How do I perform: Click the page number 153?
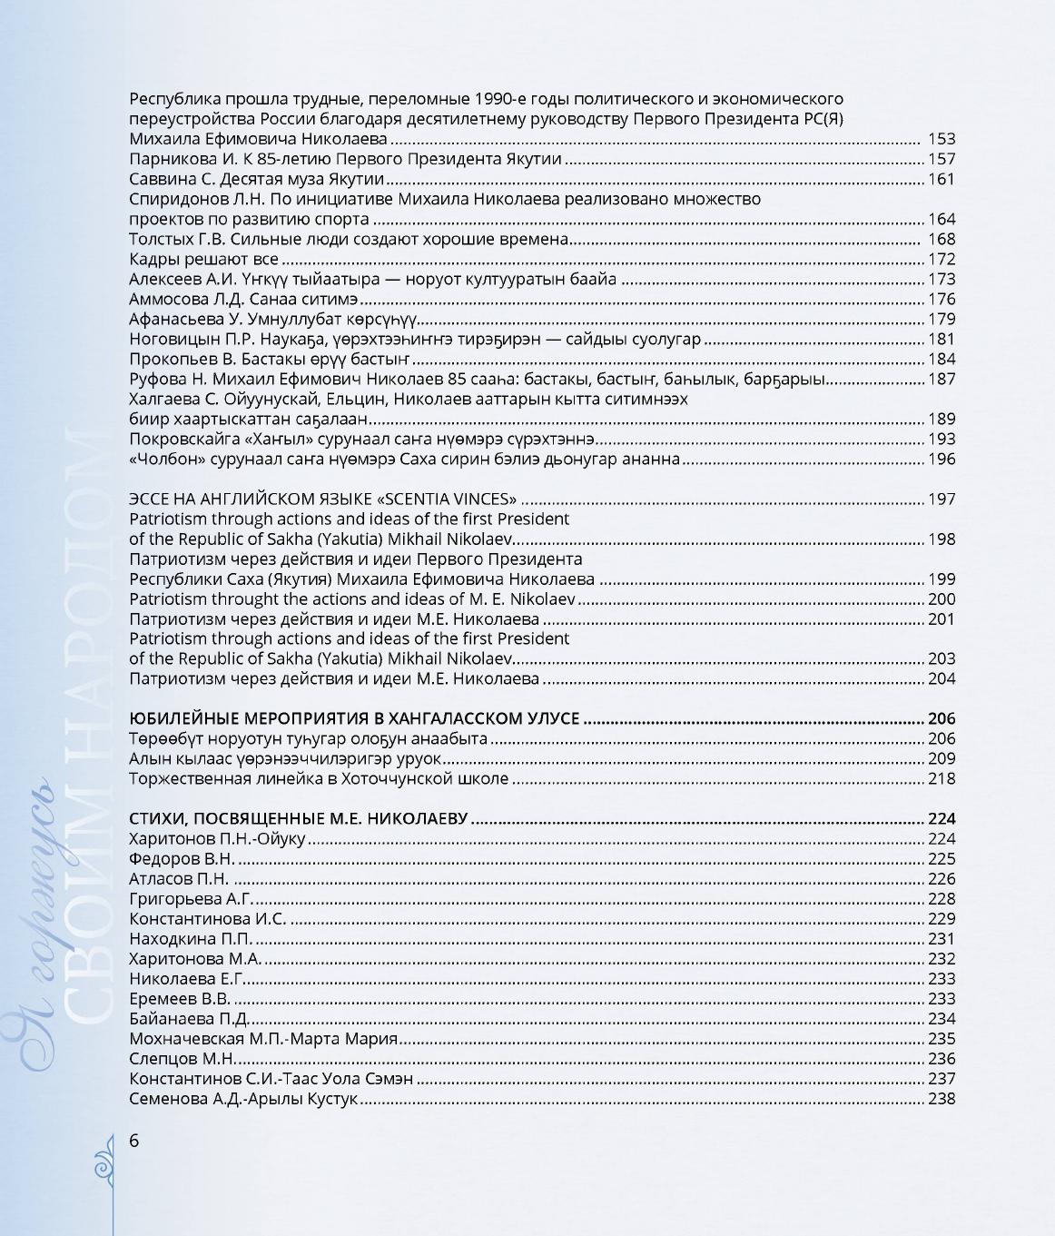pyautogui.click(x=942, y=139)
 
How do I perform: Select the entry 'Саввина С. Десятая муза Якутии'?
pyautogui.click(x=257, y=179)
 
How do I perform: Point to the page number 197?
pyautogui.click(x=942, y=499)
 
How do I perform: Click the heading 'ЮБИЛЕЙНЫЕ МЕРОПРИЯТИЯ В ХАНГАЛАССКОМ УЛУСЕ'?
pyautogui.click(x=354, y=718)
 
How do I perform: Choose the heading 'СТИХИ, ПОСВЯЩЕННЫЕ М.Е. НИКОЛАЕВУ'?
pyautogui.click(x=299, y=818)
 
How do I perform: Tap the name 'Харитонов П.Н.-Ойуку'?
pyautogui.click(x=218, y=838)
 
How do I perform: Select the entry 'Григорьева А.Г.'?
pyautogui.click(x=190, y=898)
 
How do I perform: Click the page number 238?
pyautogui.click(x=942, y=1098)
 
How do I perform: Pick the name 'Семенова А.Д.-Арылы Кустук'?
pyautogui.click(x=244, y=1098)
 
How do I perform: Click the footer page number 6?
pyautogui.click(x=134, y=1141)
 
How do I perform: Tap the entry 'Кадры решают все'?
pyautogui.click(x=203, y=259)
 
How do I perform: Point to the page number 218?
pyautogui.click(x=942, y=778)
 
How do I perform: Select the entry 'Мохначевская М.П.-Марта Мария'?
pyautogui.click(x=263, y=1038)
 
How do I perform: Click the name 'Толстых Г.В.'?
pyautogui.click(x=177, y=239)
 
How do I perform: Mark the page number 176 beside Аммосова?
pyautogui.click(x=942, y=299)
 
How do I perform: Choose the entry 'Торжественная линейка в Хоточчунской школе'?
pyautogui.click(x=319, y=778)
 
